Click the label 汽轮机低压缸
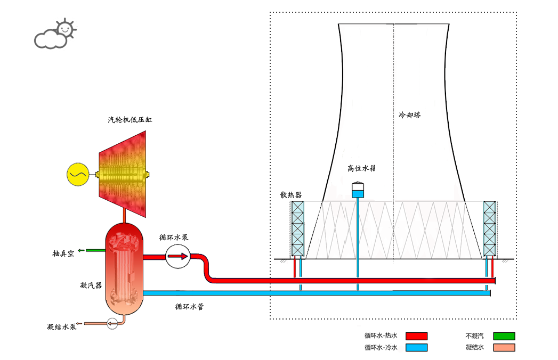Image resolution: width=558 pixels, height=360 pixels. click(x=130, y=120)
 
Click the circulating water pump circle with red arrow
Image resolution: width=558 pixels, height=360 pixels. click(x=177, y=257)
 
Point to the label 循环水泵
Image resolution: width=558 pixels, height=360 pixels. click(x=174, y=238)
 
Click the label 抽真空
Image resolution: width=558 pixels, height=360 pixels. click(x=63, y=253)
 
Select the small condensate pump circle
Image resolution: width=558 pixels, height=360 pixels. click(x=112, y=323)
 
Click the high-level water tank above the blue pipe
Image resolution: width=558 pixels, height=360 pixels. click(x=357, y=190)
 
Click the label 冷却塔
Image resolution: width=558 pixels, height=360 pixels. click(x=410, y=114)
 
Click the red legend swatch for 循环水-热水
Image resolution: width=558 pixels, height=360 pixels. click(x=416, y=336)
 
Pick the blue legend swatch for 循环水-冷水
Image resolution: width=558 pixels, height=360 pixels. click(x=416, y=348)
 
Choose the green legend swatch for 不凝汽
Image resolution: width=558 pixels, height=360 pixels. click(x=504, y=336)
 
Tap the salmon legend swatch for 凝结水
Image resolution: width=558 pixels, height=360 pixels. click(x=504, y=348)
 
